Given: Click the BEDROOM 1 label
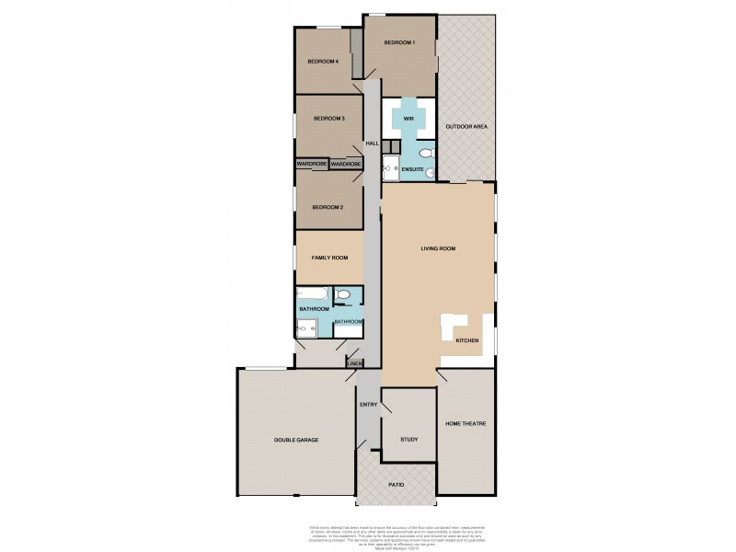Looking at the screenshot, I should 400,43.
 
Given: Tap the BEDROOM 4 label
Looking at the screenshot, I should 323,62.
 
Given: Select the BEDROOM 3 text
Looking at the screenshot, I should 328,119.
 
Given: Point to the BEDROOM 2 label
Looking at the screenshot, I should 328,207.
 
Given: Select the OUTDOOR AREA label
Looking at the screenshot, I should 466,126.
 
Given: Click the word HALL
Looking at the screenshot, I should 372,144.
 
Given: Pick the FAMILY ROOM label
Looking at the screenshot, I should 328,259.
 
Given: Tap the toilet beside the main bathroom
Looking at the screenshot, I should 344,294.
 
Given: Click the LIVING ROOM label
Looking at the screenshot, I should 438,248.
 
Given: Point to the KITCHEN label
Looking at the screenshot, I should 467,340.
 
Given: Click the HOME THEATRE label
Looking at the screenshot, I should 465,423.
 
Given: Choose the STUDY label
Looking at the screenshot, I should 408,439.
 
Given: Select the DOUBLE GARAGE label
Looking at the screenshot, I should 295,439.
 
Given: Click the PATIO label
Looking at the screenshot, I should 396,483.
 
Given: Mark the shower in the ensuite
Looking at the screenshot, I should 390,168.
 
